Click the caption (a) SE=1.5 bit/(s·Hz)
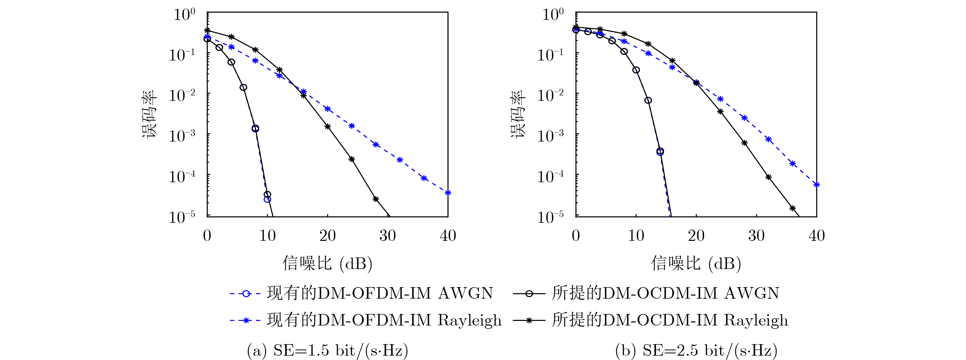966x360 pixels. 327,350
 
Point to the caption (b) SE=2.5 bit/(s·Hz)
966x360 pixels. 696,350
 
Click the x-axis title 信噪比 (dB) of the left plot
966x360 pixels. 327,263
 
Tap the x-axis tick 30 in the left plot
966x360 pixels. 387,235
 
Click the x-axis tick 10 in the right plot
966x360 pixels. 636,235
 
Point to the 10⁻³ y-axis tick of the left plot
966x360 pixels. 182,135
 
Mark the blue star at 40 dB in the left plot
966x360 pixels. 448,193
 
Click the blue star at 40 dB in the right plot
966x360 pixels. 816,185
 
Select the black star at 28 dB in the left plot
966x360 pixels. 376,199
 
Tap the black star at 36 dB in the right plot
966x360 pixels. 792,208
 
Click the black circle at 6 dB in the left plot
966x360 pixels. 243,87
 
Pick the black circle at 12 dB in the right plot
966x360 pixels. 648,100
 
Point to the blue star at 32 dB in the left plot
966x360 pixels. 400,160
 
